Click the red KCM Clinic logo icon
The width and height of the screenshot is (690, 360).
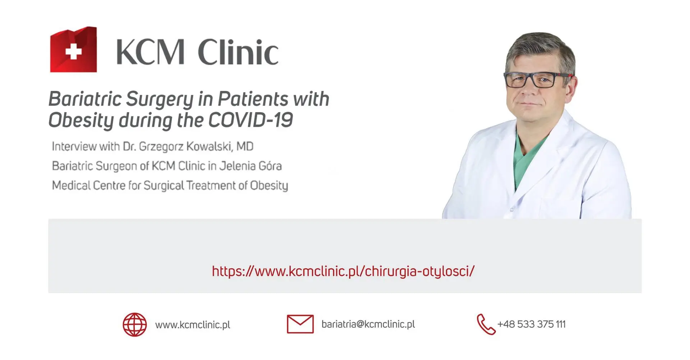(73, 50)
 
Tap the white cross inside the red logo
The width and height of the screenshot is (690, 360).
(74, 51)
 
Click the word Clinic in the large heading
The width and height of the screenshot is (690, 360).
(238, 52)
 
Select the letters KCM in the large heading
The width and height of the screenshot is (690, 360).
(150, 52)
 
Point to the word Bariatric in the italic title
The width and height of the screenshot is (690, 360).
(85, 99)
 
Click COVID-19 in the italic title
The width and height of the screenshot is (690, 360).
(250, 120)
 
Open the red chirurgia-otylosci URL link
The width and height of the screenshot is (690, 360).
(343, 271)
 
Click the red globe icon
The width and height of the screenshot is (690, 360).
(135, 325)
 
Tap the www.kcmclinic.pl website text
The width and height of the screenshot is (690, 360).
(193, 325)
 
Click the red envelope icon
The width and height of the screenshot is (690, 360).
(300, 324)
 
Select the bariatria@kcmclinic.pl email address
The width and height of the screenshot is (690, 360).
(368, 324)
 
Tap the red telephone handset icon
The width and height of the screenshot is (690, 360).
(486, 324)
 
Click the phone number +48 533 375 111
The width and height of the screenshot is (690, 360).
(532, 324)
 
